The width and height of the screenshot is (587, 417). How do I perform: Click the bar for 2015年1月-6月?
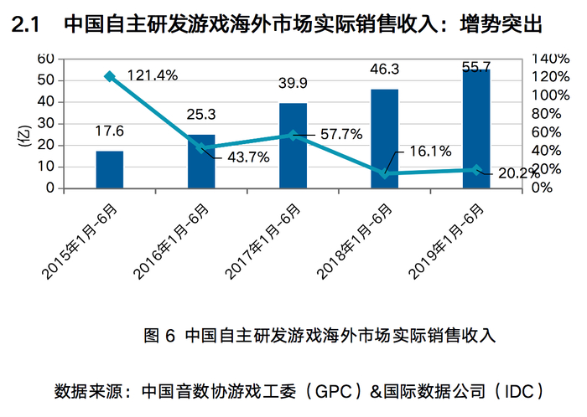[x=109, y=170]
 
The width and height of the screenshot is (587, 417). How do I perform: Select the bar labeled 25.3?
[x=201, y=162]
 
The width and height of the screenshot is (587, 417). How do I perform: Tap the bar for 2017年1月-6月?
[x=293, y=146]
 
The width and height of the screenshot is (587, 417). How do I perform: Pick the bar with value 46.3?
[x=384, y=139]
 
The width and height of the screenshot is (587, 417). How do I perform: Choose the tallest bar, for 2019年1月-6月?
[x=476, y=129]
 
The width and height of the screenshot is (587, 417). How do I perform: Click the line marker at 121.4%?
[x=109, y=76]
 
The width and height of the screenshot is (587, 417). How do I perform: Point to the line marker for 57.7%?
[x=293, y=135]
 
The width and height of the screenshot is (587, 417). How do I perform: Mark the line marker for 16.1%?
[x=384, y=173]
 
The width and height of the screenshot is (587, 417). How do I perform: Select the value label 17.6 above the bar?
[x=109, y=131]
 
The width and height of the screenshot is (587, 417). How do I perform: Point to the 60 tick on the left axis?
[x=46, y=59]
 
